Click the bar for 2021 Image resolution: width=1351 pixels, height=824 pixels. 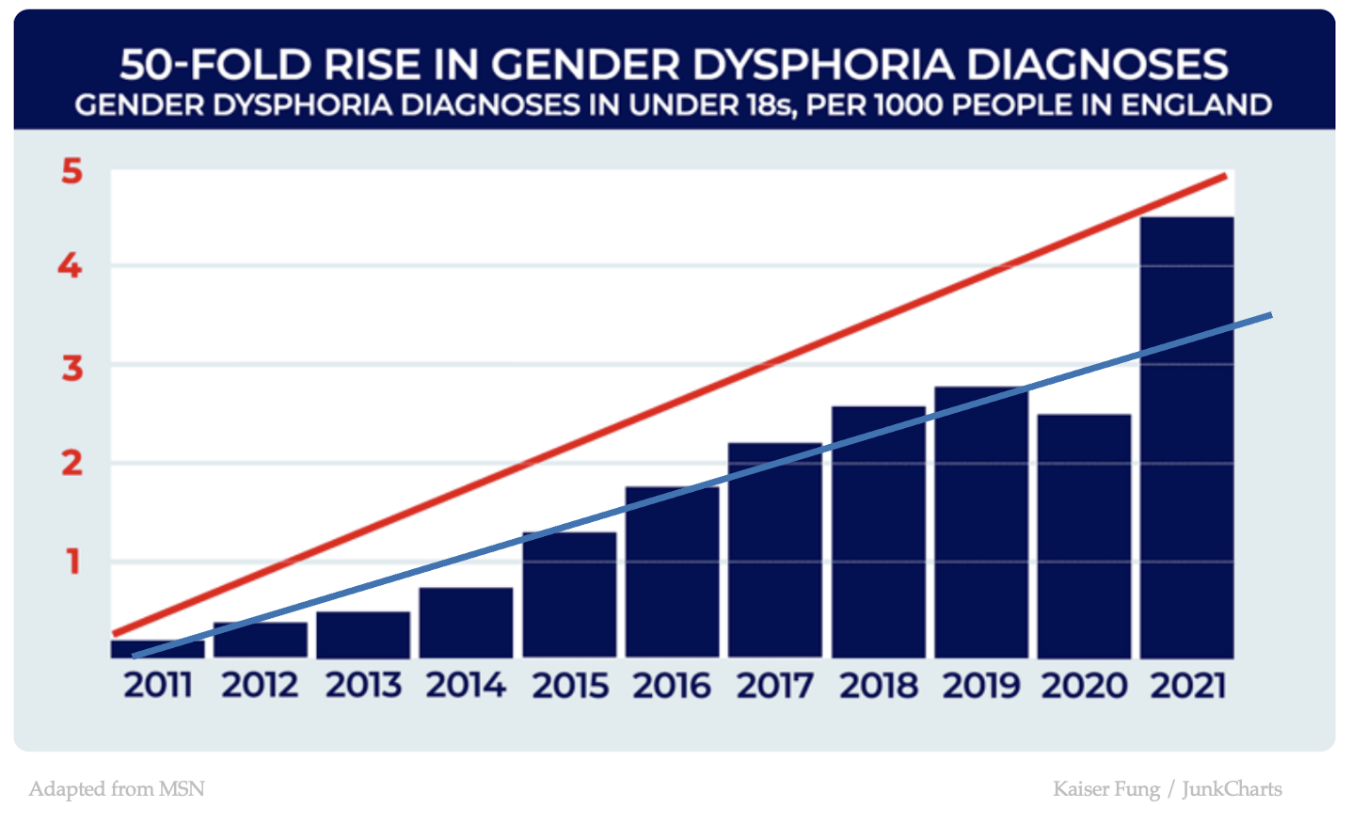pos(1186,470)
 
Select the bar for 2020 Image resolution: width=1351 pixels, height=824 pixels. pos(1084,546)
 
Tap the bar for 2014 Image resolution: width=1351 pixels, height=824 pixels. pos(467,625)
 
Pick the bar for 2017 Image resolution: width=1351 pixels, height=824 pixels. pos(775,564)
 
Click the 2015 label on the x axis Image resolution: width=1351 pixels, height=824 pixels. pos(570,686)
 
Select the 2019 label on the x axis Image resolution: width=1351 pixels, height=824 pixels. pos(981,686)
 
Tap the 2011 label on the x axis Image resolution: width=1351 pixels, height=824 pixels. pos(158,686)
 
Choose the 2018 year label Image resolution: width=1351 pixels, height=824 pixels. pos(879,686)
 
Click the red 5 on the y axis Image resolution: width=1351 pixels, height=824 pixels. pos(72,172)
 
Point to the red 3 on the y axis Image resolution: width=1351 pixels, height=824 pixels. pos(72,368)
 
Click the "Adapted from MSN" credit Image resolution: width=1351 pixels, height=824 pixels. pos(117,788)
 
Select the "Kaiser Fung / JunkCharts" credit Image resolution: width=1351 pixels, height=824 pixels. pos(1167,788)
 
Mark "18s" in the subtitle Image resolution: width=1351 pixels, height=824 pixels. pos(768,104)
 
